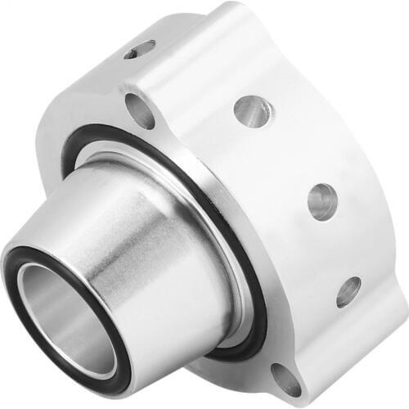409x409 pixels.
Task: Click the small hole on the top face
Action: [140, 50]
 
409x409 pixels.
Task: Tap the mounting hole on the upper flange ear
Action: [140, 110]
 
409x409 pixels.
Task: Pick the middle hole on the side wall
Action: [321, 200]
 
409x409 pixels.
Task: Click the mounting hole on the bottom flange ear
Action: [286, 379]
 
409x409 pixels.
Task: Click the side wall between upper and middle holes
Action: [286, 155]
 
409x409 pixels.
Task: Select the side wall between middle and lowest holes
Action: [335, 245]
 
